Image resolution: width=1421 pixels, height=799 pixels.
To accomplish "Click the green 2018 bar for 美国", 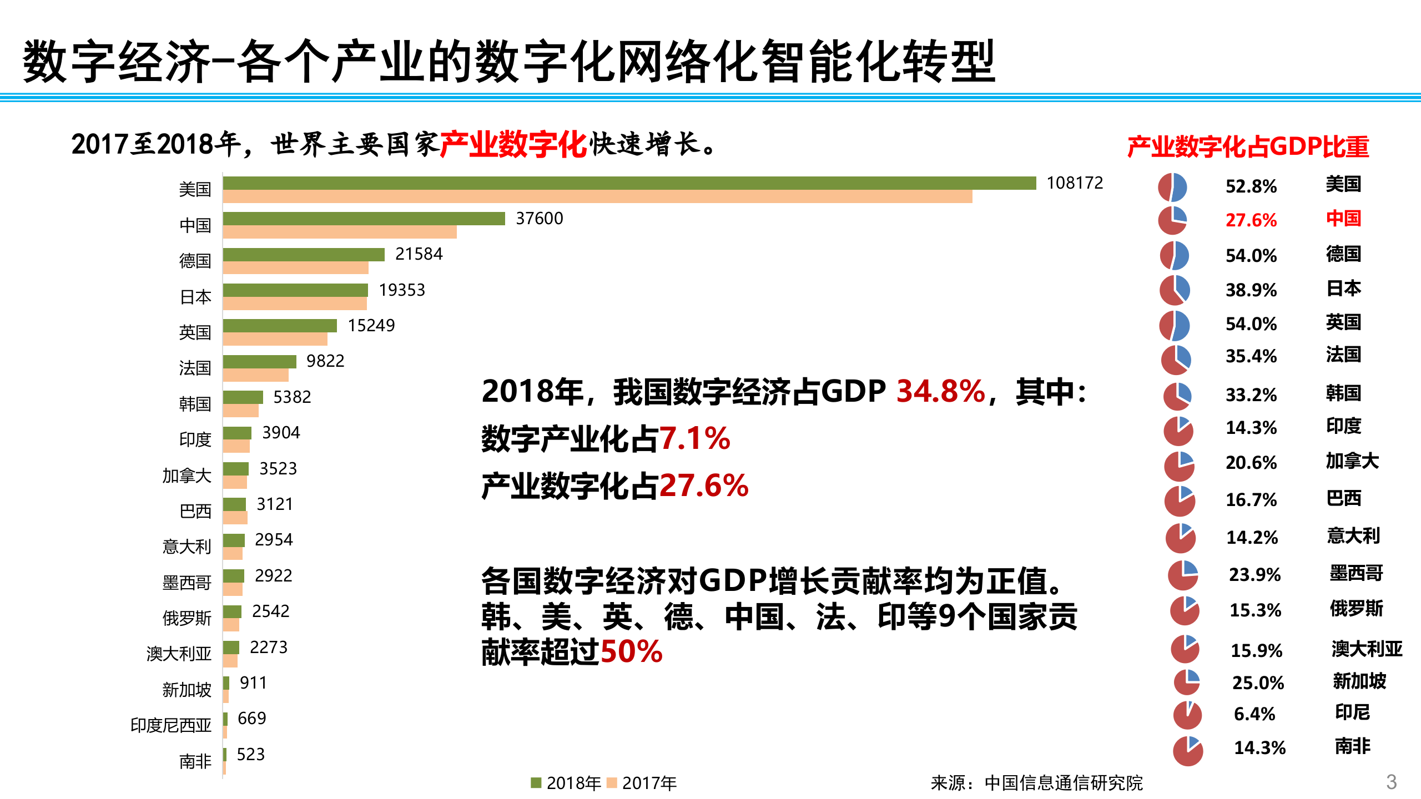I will coord(629,183).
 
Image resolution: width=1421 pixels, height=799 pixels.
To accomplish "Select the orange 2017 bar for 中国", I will coord(340,232).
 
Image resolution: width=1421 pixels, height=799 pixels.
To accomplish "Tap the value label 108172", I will coord(1075,183).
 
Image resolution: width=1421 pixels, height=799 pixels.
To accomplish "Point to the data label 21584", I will coord(419,254).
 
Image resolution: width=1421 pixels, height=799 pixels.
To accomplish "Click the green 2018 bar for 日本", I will coord(295,290).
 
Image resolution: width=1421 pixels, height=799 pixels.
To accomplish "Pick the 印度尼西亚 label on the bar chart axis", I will coord(171,725).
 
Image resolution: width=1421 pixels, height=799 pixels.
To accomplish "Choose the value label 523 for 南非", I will coord(250,755).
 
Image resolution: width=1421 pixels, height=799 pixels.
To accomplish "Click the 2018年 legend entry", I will coord(566,783).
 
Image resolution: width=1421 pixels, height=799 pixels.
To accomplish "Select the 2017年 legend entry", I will coord(642,783).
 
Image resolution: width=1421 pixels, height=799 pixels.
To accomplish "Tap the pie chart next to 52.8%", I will coord(1172,187).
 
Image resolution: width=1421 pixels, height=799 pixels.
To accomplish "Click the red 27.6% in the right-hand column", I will coord(1251,220).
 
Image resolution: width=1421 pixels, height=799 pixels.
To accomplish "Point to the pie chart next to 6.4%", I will coord(1187,715).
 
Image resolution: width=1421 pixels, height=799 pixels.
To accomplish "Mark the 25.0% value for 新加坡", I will coord(1258,683).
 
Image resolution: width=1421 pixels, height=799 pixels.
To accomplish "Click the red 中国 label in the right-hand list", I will coord(1343,218).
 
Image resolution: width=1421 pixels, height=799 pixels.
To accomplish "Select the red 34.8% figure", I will coord(940,391).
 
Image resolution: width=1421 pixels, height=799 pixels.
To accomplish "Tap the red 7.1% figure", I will coord(694,439).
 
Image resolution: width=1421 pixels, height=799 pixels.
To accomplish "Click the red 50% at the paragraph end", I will coord(632,651).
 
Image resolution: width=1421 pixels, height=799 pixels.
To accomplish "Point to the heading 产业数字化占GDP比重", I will coord(1248,147).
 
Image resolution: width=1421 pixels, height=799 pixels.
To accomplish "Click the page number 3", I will coord(1391,782).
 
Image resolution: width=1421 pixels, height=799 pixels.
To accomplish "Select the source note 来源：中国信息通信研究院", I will coord(1036,783).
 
